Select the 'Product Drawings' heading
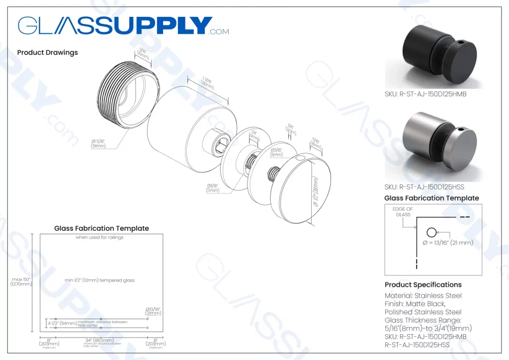47,52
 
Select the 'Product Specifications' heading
423,285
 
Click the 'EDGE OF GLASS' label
403,212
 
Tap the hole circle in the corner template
431,232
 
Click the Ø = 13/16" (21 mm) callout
448,243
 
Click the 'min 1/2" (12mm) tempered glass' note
99,280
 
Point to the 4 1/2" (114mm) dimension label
62,323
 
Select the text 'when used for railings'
99,237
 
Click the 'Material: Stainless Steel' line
423,296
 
